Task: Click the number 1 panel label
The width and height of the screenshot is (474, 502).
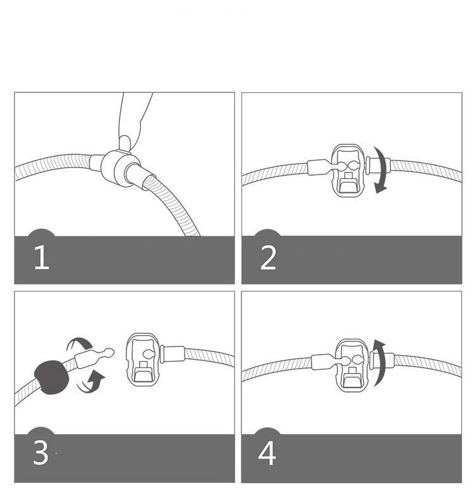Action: coord(42,257)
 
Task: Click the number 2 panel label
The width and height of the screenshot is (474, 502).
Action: coord(268,258)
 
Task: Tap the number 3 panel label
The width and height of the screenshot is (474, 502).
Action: coord(40,453)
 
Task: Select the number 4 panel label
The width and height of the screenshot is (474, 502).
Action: coord(267,453)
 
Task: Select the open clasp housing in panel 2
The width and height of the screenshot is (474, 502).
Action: coord(348,170)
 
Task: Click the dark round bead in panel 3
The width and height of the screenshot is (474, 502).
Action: coord(52,377)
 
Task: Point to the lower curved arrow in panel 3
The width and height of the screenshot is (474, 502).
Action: coord(90,383)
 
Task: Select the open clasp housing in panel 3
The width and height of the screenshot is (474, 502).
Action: coord(143,360)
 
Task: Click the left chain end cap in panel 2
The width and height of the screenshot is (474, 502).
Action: coord(317,167)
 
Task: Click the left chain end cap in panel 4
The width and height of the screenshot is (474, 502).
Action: coord(322,362)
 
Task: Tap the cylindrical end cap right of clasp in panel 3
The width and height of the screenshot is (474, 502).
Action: coord(173,354)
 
